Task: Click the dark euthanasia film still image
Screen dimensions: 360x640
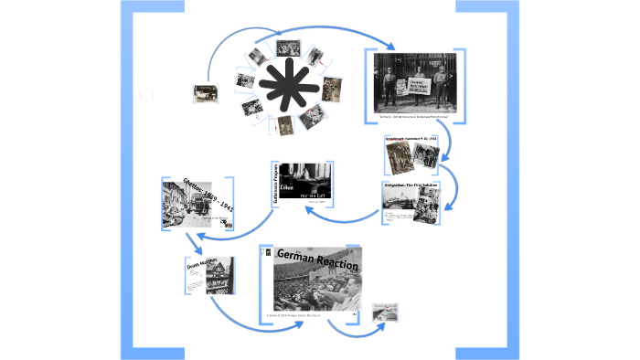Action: pos(305,184)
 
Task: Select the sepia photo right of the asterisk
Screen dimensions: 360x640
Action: pos(331,89)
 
